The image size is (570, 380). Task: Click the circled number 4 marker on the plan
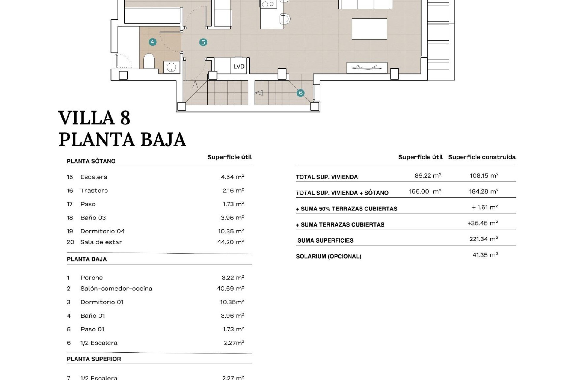152,42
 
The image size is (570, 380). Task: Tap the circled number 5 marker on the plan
203,42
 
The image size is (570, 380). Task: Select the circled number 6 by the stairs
300,93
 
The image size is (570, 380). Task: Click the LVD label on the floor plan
239,66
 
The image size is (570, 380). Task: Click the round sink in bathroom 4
171,67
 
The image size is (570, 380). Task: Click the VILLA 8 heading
94,118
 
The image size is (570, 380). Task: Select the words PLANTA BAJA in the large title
122,140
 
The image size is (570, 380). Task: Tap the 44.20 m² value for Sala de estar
230,242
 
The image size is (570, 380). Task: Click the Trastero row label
94,191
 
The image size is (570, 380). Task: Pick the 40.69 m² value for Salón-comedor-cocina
230,289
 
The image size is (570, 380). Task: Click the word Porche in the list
91,278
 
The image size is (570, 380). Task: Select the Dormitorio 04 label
102,231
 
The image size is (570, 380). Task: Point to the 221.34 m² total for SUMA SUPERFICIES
483,239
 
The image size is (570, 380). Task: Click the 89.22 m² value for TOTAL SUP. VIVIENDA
427,175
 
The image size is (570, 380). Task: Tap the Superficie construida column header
482,157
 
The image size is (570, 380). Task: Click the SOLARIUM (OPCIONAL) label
328,256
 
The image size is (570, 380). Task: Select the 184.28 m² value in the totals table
483,191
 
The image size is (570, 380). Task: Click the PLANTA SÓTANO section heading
91,161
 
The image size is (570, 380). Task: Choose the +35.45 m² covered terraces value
482,223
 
